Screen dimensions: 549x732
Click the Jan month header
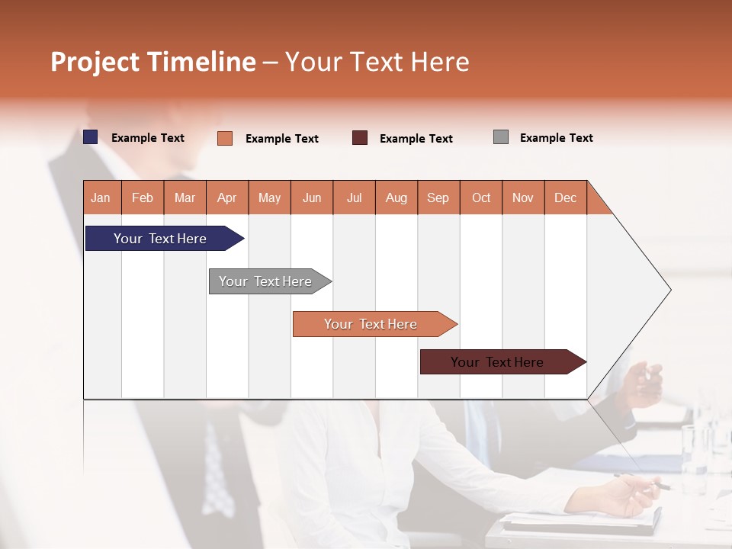101,197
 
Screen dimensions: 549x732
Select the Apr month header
226,197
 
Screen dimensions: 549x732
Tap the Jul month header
354,197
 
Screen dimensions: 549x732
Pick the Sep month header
438,197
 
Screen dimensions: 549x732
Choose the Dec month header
565,197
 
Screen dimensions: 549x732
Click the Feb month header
143,197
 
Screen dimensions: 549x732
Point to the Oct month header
481,197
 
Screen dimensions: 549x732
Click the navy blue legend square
91,137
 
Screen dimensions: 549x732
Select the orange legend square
225,138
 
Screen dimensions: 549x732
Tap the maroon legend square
360,138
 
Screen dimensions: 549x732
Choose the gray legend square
501,137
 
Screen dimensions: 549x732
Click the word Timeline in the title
201,62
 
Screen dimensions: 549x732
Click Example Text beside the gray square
556,138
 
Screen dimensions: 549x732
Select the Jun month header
312,197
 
